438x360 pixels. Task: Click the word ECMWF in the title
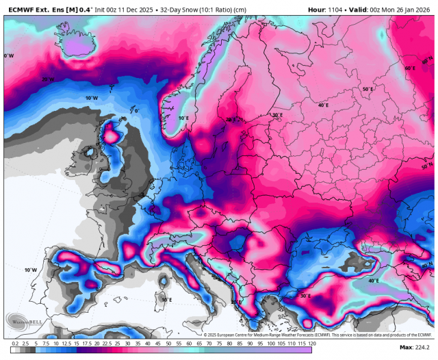[20, 10]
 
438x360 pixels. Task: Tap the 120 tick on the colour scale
[311, 342]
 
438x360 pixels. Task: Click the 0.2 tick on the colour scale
[15, 342]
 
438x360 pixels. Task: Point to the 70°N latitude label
[47, 79]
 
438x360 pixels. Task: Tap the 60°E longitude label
[409, 68]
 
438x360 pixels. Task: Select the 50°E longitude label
[368, 90]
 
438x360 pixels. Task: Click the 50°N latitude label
[427, 166]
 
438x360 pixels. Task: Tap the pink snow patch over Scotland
[110, 130]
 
